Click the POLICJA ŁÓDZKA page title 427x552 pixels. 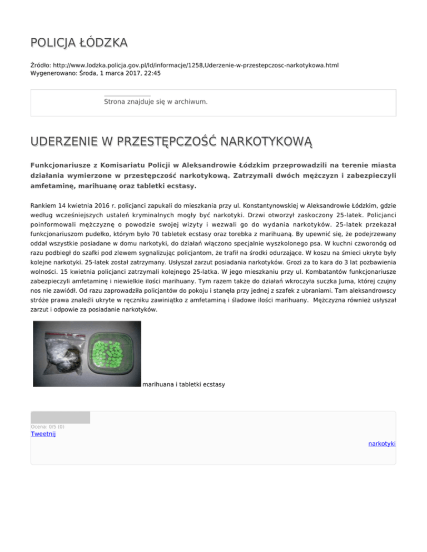point(79,42)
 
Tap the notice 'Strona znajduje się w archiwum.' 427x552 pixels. point(156,102)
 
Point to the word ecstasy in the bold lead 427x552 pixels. point(178,185)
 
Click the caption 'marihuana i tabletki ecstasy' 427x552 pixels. point(183,384)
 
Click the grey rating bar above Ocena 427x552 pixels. point(60,418)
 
